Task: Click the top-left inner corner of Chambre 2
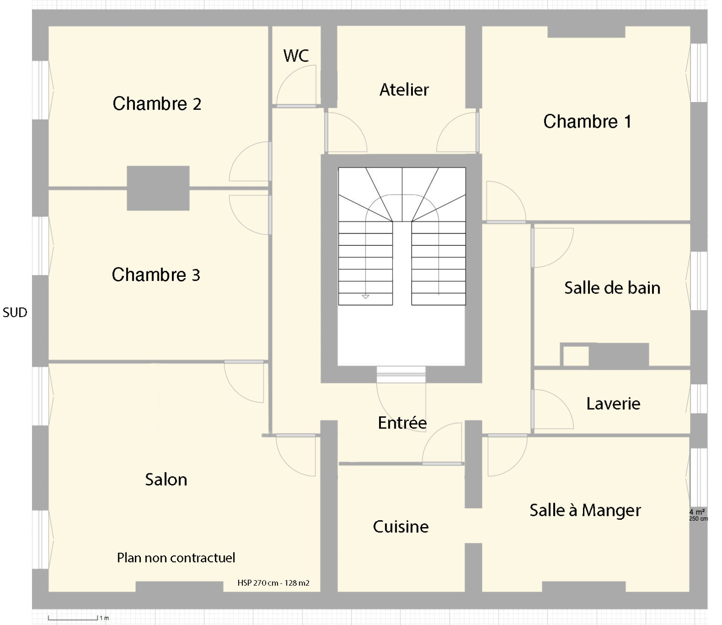tap(49, 27)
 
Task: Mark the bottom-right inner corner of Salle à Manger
tap(690, 591)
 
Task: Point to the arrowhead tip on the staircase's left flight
tap(366, 299)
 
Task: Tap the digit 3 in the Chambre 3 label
tap(196, 275)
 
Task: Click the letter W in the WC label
tap(290, 56)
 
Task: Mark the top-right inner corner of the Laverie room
tap(690, 371)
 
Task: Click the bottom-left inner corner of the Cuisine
tap(338, 591)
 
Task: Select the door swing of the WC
tap(296, 86)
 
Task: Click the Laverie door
tap(552, 409)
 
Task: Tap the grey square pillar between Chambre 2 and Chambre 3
tap(158, 188)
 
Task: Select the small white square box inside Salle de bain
tap(576, 356)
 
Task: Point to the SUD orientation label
tap(15, 312)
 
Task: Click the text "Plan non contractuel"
tap(176, 558)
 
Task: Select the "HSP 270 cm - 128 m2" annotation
tap(273, 583)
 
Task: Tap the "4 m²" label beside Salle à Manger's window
tap(697, 512)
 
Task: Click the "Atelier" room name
tap(404, 90)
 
